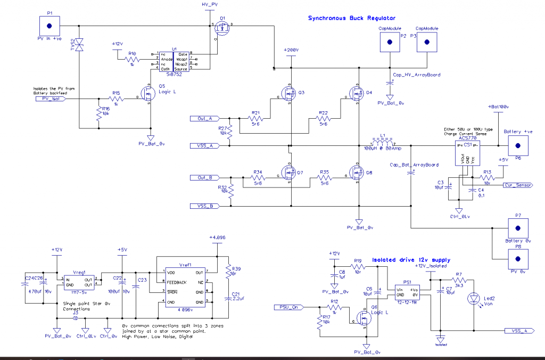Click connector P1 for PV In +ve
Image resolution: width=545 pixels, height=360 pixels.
click(x=49, y=26)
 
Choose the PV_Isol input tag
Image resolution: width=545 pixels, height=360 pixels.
click(x=54, y=99)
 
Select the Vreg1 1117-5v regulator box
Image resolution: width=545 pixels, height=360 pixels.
click(x=79, y=282)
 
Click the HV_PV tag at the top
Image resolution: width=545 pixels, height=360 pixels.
click(x=210, y=4)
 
